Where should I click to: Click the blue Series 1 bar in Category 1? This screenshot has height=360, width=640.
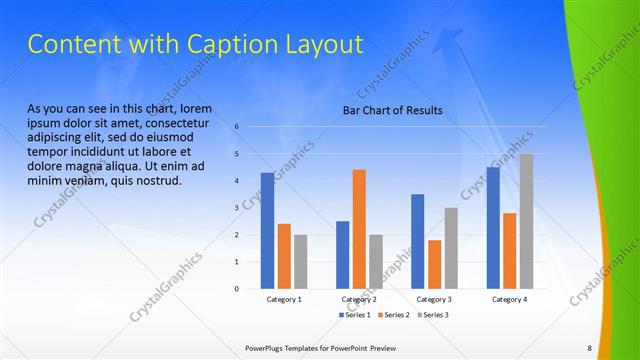tap(267, 231)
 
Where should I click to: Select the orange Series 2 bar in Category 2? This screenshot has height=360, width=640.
tap(359, 229)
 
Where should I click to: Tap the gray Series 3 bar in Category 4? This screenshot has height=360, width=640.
tap(526, 221)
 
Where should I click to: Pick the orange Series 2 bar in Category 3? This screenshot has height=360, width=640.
tap(434, 264)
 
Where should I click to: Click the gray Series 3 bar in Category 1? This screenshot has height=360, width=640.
tap(301, 262)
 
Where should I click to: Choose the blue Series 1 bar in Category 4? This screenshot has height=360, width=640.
tap(492, 228)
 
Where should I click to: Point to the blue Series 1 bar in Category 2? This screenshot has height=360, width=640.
tap(342, 255)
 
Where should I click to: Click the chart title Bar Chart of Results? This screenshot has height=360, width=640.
tap(393, 110)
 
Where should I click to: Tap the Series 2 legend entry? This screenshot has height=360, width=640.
tap(393, 315)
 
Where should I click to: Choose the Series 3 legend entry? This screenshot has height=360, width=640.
tap(431, 315)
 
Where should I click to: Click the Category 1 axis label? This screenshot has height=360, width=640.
tap(284, 299)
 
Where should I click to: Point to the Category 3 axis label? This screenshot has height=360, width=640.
tap(434, 299)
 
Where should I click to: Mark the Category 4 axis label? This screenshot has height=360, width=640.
tap(509, 299)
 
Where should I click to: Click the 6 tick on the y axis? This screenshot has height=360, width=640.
tap(237, 127)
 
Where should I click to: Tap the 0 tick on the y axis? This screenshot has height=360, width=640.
tap(237, 289)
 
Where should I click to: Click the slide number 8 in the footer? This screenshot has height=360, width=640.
tap(589, 347)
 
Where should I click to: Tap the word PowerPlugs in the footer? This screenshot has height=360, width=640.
tap(268, 347)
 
